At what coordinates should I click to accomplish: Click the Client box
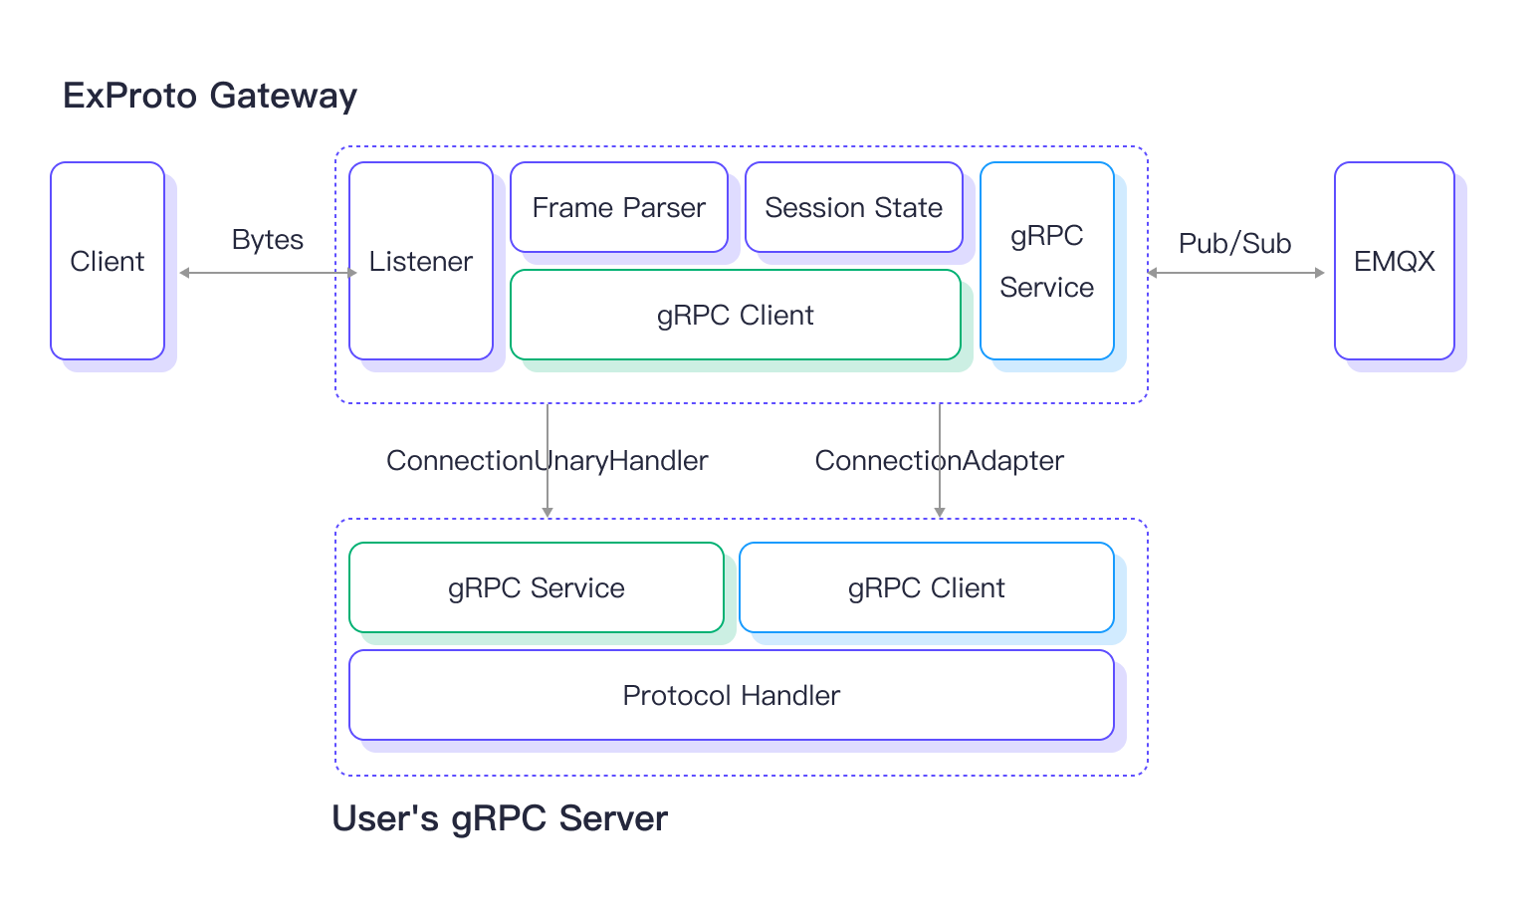pos(108,261)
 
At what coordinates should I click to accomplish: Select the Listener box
pos(421,261)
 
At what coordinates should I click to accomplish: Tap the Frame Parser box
pos(618,207)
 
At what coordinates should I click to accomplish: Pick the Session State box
pos(853,207)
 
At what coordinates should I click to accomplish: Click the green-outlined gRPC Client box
pos(735,315)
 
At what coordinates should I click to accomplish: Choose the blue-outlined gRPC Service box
pos(1046,261)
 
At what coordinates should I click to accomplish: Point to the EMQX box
pos(1394,261)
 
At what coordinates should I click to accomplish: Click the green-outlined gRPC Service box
pos(536,587)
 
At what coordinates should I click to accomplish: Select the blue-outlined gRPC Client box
pos(926,587)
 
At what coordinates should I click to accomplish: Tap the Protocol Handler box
pos(731,695)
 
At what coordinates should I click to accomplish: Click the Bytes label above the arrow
pos(267,240)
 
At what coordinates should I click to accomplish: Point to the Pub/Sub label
pos(1234,244)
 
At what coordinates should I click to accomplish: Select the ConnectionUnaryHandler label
pos(547,460)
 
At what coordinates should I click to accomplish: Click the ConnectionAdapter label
pos(939,460)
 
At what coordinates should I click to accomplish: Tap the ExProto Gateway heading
pos(209,96)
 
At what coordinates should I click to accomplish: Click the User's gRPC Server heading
pos(499,818)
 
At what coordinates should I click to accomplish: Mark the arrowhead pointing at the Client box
pos(184,273)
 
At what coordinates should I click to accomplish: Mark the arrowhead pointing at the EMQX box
pos(1320,273)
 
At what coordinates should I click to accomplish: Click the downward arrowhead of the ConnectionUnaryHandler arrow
pos(548,512)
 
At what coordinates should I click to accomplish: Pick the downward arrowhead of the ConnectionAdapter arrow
pos(940,512)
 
